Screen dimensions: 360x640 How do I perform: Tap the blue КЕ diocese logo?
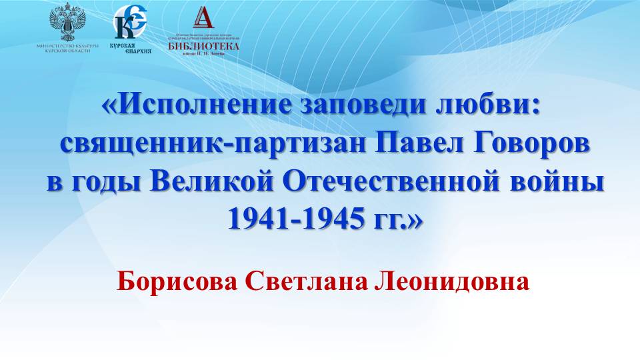[130, 24]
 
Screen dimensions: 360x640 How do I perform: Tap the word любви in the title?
[483, 107]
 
